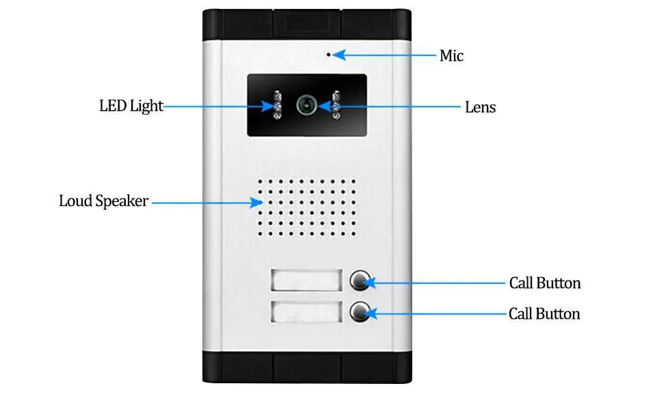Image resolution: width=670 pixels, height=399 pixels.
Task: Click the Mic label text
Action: point(451,55)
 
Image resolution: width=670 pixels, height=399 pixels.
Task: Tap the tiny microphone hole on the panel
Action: point(329,54)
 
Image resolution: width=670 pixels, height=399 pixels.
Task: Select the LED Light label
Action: point(131,106)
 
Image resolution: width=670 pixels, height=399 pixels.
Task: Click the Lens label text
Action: point(480,107)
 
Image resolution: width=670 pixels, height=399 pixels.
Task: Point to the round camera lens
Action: point(307,105)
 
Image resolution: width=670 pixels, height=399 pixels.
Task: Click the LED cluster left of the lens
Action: point(278,105)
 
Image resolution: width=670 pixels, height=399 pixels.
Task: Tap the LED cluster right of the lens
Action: point(336,105)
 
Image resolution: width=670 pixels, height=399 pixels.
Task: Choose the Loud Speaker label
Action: point(103,201)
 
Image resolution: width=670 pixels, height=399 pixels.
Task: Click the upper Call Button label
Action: point(545,283)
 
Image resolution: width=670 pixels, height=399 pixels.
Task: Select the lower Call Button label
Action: point(544,314)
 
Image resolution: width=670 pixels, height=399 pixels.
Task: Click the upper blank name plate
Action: point(306,280)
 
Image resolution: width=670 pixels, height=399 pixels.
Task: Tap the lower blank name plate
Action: point(306,311)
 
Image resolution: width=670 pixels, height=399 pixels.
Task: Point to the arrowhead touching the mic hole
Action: point(339,55)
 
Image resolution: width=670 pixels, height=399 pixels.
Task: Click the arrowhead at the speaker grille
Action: point(256,203)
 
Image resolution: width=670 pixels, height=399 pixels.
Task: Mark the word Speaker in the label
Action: point(122,201)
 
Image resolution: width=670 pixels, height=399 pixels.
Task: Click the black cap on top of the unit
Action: point(307,25)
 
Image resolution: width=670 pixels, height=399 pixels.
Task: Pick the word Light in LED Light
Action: point(146,106)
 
